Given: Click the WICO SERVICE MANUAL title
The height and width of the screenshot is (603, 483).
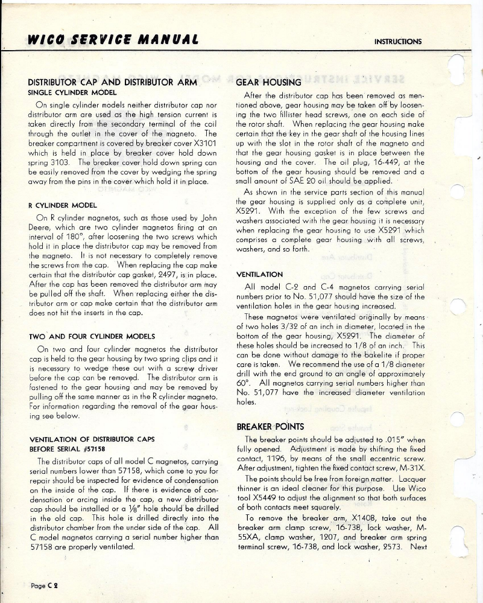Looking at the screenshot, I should pos(113,40).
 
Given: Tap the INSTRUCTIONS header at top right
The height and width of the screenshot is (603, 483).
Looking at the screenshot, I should pos(398,42).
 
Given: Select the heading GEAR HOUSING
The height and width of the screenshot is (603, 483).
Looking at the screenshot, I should pos(268,82).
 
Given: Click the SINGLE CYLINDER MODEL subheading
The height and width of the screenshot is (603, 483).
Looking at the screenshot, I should pos(68,93).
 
